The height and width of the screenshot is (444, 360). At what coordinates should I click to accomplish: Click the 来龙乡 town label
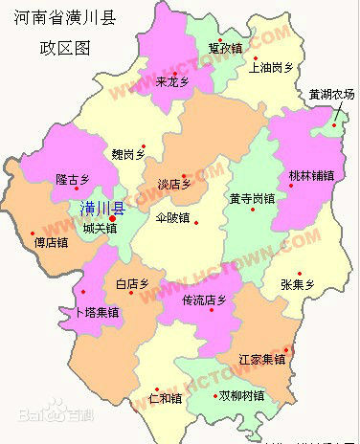click(173, 82)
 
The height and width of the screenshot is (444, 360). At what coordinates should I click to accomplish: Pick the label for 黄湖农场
click(331, 95)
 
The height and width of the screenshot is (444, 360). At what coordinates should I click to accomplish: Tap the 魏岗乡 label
click(127, 153)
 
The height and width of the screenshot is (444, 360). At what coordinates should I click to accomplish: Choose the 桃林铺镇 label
click(311, 176)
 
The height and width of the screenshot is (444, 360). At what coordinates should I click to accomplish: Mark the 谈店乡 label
click(174, 185)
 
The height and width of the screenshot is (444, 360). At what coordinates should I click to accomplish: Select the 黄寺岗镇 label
click(252, 199)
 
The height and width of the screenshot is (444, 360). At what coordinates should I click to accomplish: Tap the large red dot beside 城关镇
click(114, 219)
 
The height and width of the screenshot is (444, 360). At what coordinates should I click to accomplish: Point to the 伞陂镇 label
click(173, 217)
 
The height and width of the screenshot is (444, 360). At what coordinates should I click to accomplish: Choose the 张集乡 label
click(297, 284)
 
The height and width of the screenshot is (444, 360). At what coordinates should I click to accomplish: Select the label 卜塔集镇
click(97, 312)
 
